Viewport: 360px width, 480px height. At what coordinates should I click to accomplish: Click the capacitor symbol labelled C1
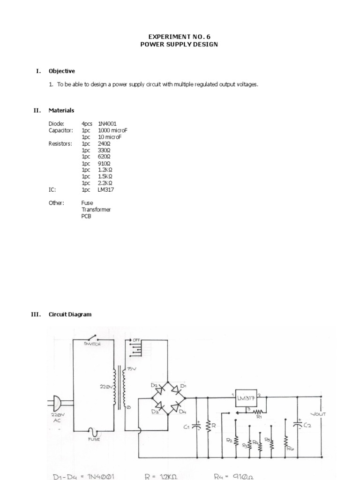[x=197, y=426]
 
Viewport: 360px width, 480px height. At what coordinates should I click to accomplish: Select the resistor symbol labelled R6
[x=285, y=441]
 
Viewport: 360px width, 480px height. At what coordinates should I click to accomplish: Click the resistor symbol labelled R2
[x=236, y=441]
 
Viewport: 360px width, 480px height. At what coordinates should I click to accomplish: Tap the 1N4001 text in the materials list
[x=107, y=124]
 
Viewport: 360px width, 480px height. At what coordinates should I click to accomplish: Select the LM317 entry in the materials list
[x=106, y=189]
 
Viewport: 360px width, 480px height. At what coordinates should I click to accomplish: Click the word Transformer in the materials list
[x=96, y=210]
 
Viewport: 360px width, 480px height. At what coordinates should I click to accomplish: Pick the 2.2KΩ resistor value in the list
[x=105, y=183]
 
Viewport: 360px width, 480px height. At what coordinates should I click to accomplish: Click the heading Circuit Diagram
[x=70, y=315]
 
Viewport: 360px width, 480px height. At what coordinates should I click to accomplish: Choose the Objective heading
[x=61, y=71]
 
